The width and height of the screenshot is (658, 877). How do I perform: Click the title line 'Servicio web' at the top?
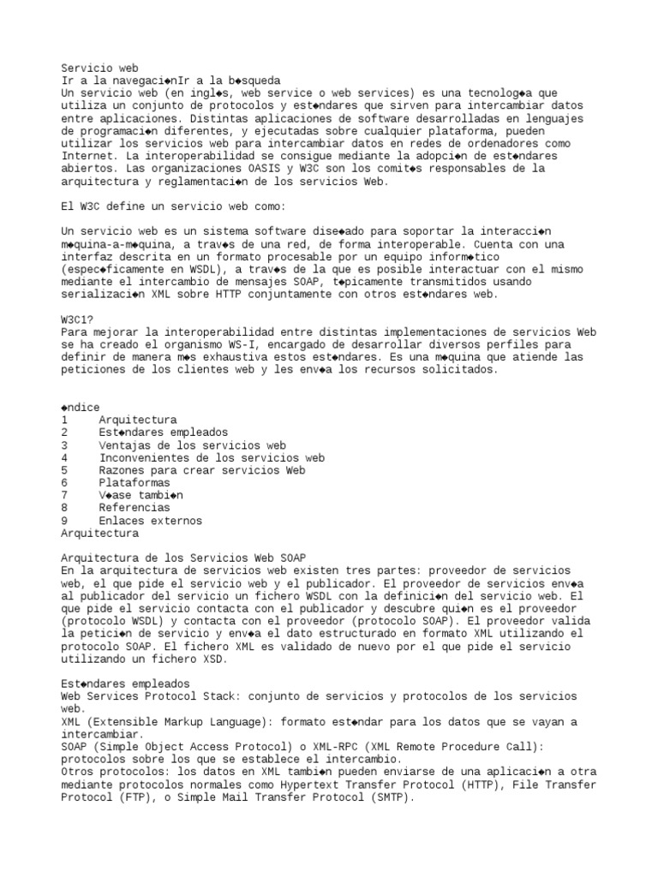(x=100, y=68)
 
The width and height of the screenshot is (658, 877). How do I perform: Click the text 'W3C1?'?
(x=78, y=319)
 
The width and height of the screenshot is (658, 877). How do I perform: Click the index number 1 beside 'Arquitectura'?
(x=65, y=421)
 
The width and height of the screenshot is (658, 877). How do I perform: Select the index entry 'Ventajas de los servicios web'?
(x=192, y=445)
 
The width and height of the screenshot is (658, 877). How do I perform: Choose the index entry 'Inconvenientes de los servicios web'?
(x=212, y=458)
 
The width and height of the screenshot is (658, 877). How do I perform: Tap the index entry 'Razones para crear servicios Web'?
(x=201, y=470)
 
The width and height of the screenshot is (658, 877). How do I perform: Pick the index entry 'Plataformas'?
(x=135, y=483)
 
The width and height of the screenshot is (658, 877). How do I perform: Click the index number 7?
(x=65, y=495)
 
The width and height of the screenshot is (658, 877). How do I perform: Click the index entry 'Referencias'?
(x=135, y=508)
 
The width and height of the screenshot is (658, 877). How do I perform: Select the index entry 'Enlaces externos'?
(x=150, y=521)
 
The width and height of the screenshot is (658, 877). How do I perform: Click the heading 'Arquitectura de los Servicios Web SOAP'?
(x=184, y=558)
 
